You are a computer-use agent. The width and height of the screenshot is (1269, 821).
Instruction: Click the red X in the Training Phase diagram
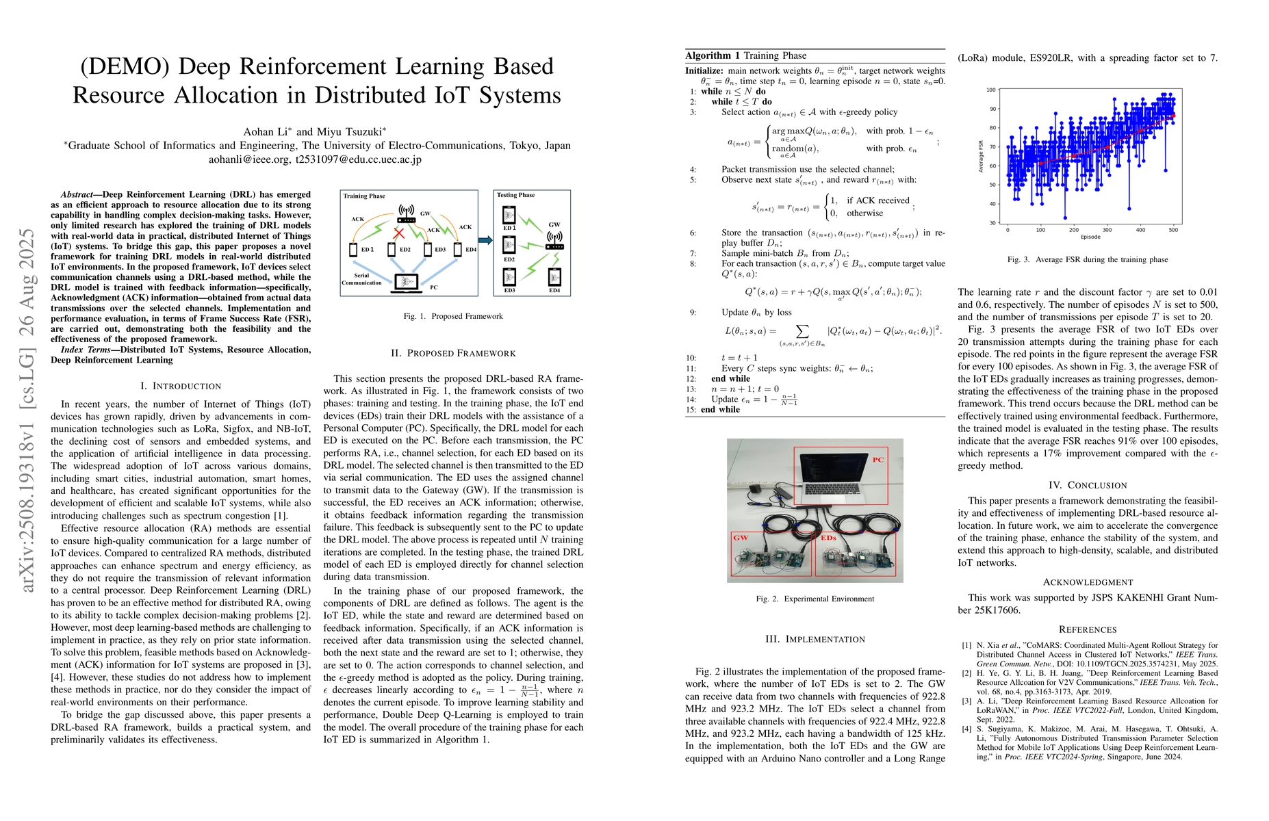(398, 234)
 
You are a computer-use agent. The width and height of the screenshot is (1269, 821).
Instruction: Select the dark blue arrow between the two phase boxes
(485, 240)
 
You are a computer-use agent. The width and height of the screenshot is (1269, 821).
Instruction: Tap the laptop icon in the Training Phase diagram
(406, 282)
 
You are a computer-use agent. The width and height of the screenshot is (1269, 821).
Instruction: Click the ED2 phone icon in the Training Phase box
(392, 250)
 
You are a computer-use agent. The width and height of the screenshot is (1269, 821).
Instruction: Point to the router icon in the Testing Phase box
(554, 239)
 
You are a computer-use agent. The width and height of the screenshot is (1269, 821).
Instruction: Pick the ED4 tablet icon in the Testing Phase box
(554, 277)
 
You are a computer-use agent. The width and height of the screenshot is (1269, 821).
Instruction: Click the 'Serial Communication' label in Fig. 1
(361, 279)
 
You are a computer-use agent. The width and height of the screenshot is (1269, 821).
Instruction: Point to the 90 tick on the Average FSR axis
(992, 109)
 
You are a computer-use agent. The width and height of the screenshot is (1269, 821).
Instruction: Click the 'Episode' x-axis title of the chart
(1090, 237)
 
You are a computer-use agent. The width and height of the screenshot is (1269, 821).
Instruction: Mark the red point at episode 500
(1174, 116)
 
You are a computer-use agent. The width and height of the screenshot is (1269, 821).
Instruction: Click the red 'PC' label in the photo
(878, 460)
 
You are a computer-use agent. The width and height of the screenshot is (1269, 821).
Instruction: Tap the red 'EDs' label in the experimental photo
(828, 538)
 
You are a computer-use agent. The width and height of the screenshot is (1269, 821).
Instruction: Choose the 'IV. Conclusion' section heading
(1088, 485)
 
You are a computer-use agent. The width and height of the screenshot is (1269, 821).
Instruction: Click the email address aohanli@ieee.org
(249, 159)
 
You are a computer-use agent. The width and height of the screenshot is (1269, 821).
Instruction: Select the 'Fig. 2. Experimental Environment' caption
(815, 599)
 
